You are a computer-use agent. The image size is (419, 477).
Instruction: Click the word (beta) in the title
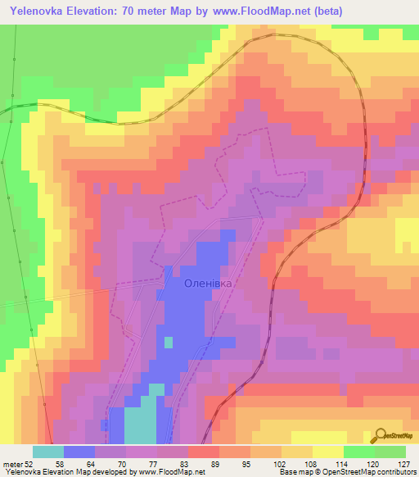click(x=326, y=11)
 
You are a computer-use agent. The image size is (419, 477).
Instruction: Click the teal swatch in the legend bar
click(x=47, y=452)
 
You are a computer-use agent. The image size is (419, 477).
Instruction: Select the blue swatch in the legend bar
click(x=79, y=452)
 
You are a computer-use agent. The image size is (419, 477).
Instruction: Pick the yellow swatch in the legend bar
click(x=327, y=452)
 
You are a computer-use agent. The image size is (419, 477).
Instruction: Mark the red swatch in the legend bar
click(x=204, y=452)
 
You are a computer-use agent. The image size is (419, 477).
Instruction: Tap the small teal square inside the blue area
click(x=169, y=342)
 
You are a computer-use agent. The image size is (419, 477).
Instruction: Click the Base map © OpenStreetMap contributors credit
click(x=346, y=472)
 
